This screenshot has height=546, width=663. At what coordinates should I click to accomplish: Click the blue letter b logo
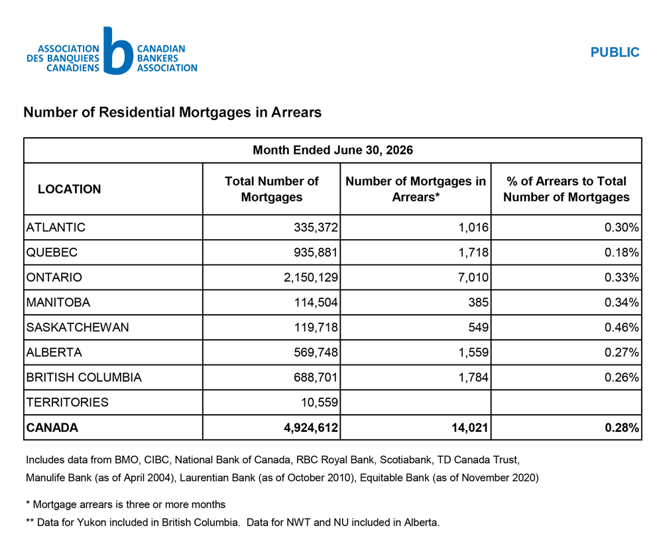tap(117, 51)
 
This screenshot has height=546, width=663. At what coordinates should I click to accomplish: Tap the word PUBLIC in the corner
tap(615, 52)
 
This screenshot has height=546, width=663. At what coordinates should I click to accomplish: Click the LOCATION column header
tap(70, 189)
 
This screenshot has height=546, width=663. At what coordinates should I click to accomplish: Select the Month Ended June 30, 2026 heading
tap(333, 150)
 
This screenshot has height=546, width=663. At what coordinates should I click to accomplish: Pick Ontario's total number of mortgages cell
tap(311, 277)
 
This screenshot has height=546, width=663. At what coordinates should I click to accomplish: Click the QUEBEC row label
tap(52, 252)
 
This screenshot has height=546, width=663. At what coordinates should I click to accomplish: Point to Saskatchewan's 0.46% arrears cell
tap(622, 327)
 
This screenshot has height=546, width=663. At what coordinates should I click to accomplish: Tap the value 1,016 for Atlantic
tap(473, 227)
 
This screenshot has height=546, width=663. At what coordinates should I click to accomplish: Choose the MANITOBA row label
tap(58, 302)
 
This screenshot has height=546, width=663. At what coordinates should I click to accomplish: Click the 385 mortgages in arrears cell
tap(478, 302)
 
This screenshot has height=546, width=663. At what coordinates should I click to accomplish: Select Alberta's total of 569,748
tap(316, 352)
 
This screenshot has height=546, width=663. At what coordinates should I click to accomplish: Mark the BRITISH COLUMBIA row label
tap(84, 377)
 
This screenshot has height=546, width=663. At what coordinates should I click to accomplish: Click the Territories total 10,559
tap(320, 402)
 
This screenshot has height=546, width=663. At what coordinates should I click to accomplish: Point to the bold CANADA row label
tap(52, 427)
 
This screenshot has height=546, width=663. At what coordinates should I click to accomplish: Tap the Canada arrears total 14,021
tap(470, 427)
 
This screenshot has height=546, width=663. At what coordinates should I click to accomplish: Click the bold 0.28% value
tap(622, 427)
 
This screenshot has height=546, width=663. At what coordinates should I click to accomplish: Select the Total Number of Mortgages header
tap(271, 189)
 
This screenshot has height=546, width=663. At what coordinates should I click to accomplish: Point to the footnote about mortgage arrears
tap(125, 504)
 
